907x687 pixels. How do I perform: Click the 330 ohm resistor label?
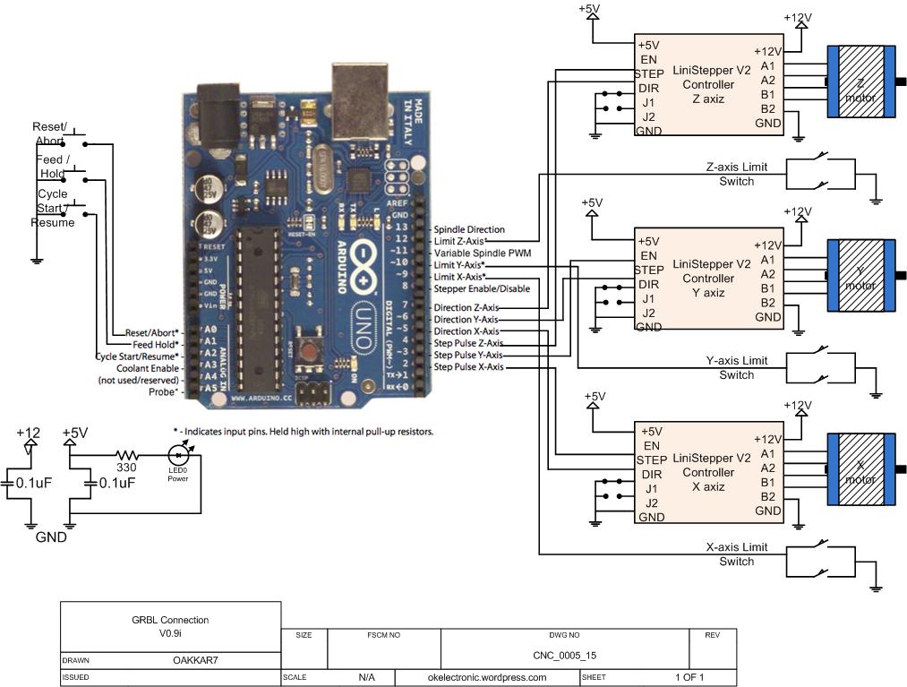127,467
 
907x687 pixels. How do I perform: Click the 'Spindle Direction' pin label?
469,230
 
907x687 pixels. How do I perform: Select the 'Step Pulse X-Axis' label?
468,367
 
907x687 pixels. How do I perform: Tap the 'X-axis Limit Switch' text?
736,554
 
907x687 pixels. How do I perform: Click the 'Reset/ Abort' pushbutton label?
49,133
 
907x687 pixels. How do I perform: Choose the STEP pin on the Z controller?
649,73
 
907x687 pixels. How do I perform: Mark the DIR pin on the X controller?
651,474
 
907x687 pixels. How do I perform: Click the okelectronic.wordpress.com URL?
487,677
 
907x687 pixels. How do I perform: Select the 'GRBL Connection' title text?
169,620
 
